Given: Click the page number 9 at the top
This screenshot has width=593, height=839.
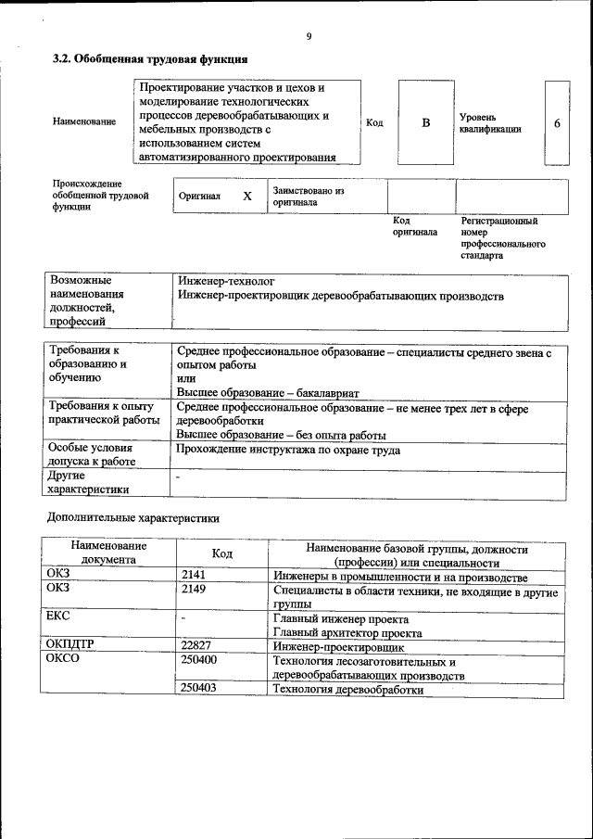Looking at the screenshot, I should [308, 37].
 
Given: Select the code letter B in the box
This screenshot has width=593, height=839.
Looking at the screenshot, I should [426, 122].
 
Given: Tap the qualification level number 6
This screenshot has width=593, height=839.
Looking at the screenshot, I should [557, 122].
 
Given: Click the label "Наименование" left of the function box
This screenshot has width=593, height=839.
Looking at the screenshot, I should [85, 122].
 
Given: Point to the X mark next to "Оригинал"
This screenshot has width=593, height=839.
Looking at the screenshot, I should [247, 197].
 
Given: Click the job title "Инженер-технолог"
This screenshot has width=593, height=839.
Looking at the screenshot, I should [226, 280].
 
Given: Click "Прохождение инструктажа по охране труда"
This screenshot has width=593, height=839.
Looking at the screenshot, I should [288, 450].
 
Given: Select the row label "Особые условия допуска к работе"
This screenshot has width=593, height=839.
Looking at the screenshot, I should [92, 454].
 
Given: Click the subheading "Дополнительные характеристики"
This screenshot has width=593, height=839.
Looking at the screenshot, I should [133, 516].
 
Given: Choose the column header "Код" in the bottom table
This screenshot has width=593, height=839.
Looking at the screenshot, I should [222, 553].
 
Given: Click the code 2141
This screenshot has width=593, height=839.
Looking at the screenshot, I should [194, 576].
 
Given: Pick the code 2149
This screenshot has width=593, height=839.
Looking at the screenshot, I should [194, 589].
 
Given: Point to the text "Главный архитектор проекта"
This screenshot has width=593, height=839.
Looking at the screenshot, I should [347, 633].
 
